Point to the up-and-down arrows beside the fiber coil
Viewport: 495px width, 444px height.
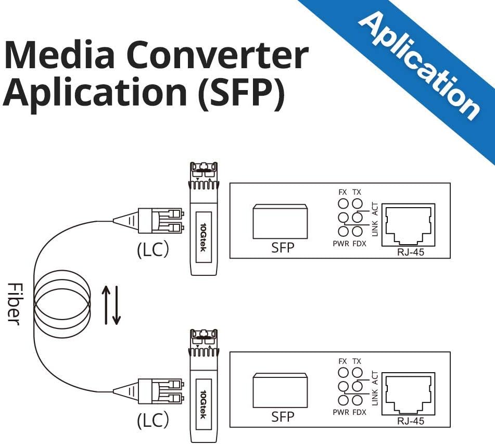click(x=110, y=304)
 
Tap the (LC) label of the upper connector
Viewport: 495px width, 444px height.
click(x=153, y=250)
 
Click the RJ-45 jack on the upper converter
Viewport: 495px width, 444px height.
click(x=408, y=224)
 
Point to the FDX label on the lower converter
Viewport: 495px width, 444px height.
click(x=359, y=412)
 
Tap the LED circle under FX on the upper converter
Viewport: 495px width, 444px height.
click(x=343, y=204)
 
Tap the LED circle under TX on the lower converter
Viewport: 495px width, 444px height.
click(x=357, y=373)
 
